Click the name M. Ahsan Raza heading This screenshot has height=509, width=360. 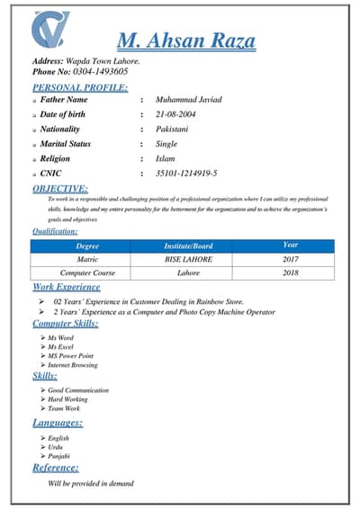(186, 40)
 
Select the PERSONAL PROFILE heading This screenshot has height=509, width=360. (80, 87)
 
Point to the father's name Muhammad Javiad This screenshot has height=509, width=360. (188, 100)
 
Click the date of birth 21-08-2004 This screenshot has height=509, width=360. (175, 114)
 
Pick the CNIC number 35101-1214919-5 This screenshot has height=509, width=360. (186, 173)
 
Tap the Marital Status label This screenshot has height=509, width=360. (66, 144)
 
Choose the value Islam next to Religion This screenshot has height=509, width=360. (165, 158)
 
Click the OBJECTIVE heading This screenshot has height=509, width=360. (60, 188)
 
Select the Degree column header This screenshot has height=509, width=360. (87, 246)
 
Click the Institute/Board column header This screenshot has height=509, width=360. (188, 246)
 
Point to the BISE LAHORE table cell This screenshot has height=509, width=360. (188, 259)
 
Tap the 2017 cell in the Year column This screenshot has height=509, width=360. (290, 259)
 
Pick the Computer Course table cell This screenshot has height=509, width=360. (87, 272)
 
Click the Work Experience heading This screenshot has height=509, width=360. (67, 287)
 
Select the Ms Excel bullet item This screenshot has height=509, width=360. (61, 346)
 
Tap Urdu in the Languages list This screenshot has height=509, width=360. (56, 447)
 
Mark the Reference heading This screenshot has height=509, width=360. (56, 468)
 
